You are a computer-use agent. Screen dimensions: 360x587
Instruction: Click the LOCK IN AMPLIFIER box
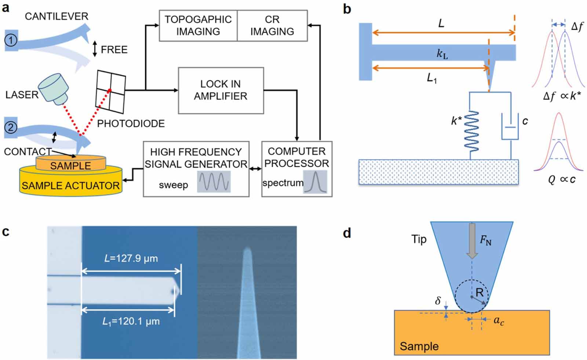tap(220, 90)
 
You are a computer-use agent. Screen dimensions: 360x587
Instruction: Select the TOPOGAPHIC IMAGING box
tap(198, 25)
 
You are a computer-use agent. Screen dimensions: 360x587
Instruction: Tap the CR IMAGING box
tap(272, 25)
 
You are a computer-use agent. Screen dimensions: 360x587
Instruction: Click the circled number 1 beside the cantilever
tap(11, 40)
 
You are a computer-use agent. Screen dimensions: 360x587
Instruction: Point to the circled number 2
tap(11, 128)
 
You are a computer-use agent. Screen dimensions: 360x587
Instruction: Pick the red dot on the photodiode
tap(109, 90)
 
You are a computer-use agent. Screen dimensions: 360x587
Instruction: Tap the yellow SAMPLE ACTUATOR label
tap(70, 185)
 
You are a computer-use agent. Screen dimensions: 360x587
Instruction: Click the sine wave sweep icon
tap(214, 182)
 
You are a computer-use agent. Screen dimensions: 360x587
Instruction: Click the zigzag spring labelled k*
tap(471, 131)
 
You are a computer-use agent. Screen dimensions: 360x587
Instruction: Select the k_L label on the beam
tap(442, 54)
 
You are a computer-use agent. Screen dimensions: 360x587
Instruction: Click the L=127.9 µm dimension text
tap(131, 258)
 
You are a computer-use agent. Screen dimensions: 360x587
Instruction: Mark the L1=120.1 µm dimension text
tap(131, 322)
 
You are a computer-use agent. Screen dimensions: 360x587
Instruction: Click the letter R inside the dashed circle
tap(480, 292)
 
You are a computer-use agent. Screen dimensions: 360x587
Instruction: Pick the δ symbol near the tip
tap(438, 301)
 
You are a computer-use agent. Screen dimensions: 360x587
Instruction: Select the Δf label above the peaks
tap(577, 26)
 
